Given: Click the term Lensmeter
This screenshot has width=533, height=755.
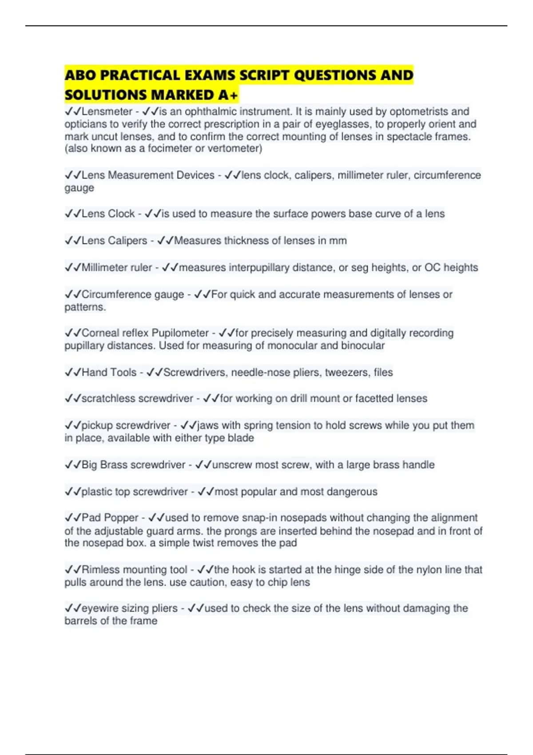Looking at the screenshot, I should tap(107, 111).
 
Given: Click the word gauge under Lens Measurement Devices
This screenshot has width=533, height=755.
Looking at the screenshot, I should tap(79, 188).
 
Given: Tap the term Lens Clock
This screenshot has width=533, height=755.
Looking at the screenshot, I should tap(108, 214).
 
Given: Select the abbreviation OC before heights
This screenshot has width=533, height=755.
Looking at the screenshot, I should tap(432, 267).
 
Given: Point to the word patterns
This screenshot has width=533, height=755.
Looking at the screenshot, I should tap(85, 307).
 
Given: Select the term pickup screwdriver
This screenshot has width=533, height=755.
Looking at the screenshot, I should tap(126, 425).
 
